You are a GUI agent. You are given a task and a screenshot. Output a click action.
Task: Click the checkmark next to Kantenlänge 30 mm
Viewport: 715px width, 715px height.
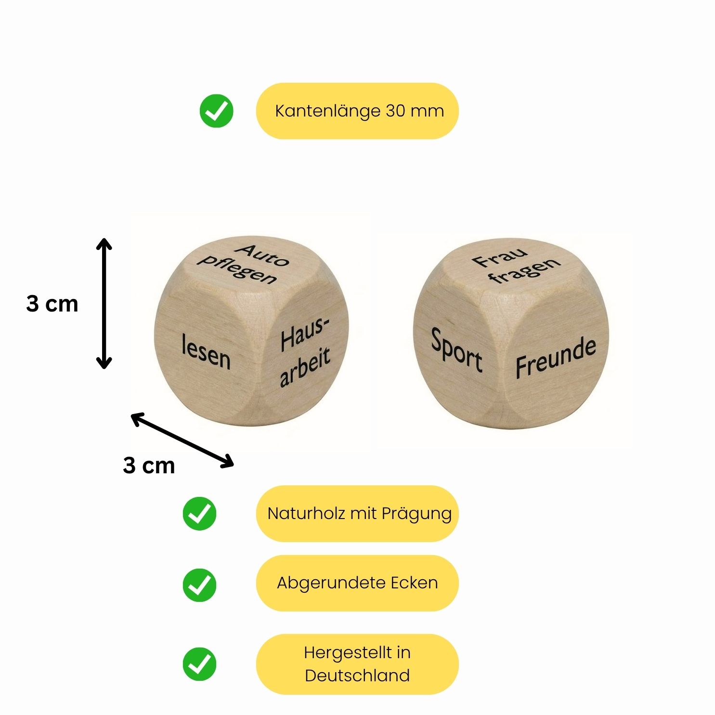(216, 111)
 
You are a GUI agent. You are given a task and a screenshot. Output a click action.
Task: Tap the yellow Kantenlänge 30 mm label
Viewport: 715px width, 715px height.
(357, 111)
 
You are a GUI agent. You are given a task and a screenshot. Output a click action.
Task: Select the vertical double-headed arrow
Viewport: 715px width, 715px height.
(104, 303)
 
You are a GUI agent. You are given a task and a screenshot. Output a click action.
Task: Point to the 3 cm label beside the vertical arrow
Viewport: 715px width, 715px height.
(52, 304)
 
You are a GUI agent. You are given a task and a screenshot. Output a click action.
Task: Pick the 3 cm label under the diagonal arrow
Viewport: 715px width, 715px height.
(149, 466)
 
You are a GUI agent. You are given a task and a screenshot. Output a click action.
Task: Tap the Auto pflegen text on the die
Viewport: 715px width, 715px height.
(244, 264)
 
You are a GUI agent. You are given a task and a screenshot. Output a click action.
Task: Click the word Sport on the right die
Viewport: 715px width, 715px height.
(456, 350)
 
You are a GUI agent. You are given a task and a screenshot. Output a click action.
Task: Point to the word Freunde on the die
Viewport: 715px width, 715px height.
(556, 358)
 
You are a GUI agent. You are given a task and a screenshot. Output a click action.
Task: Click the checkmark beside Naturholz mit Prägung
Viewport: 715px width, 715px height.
(199, 514)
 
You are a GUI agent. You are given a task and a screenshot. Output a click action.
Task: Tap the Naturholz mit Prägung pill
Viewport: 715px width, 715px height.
(357, 514)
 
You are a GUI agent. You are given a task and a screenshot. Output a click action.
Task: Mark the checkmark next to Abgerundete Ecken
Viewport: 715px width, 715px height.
(199, 585)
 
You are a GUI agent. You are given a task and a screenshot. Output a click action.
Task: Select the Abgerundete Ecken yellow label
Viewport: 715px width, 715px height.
(357, 583)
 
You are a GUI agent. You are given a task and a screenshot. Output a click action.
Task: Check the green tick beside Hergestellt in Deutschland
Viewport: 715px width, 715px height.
(199, 664)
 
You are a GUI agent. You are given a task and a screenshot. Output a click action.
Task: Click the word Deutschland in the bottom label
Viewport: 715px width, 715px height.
(357, 676)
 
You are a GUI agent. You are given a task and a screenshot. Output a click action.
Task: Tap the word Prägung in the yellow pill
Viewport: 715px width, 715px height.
(416, 514)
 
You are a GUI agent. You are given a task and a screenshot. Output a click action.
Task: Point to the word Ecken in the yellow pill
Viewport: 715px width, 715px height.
(414, 583)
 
